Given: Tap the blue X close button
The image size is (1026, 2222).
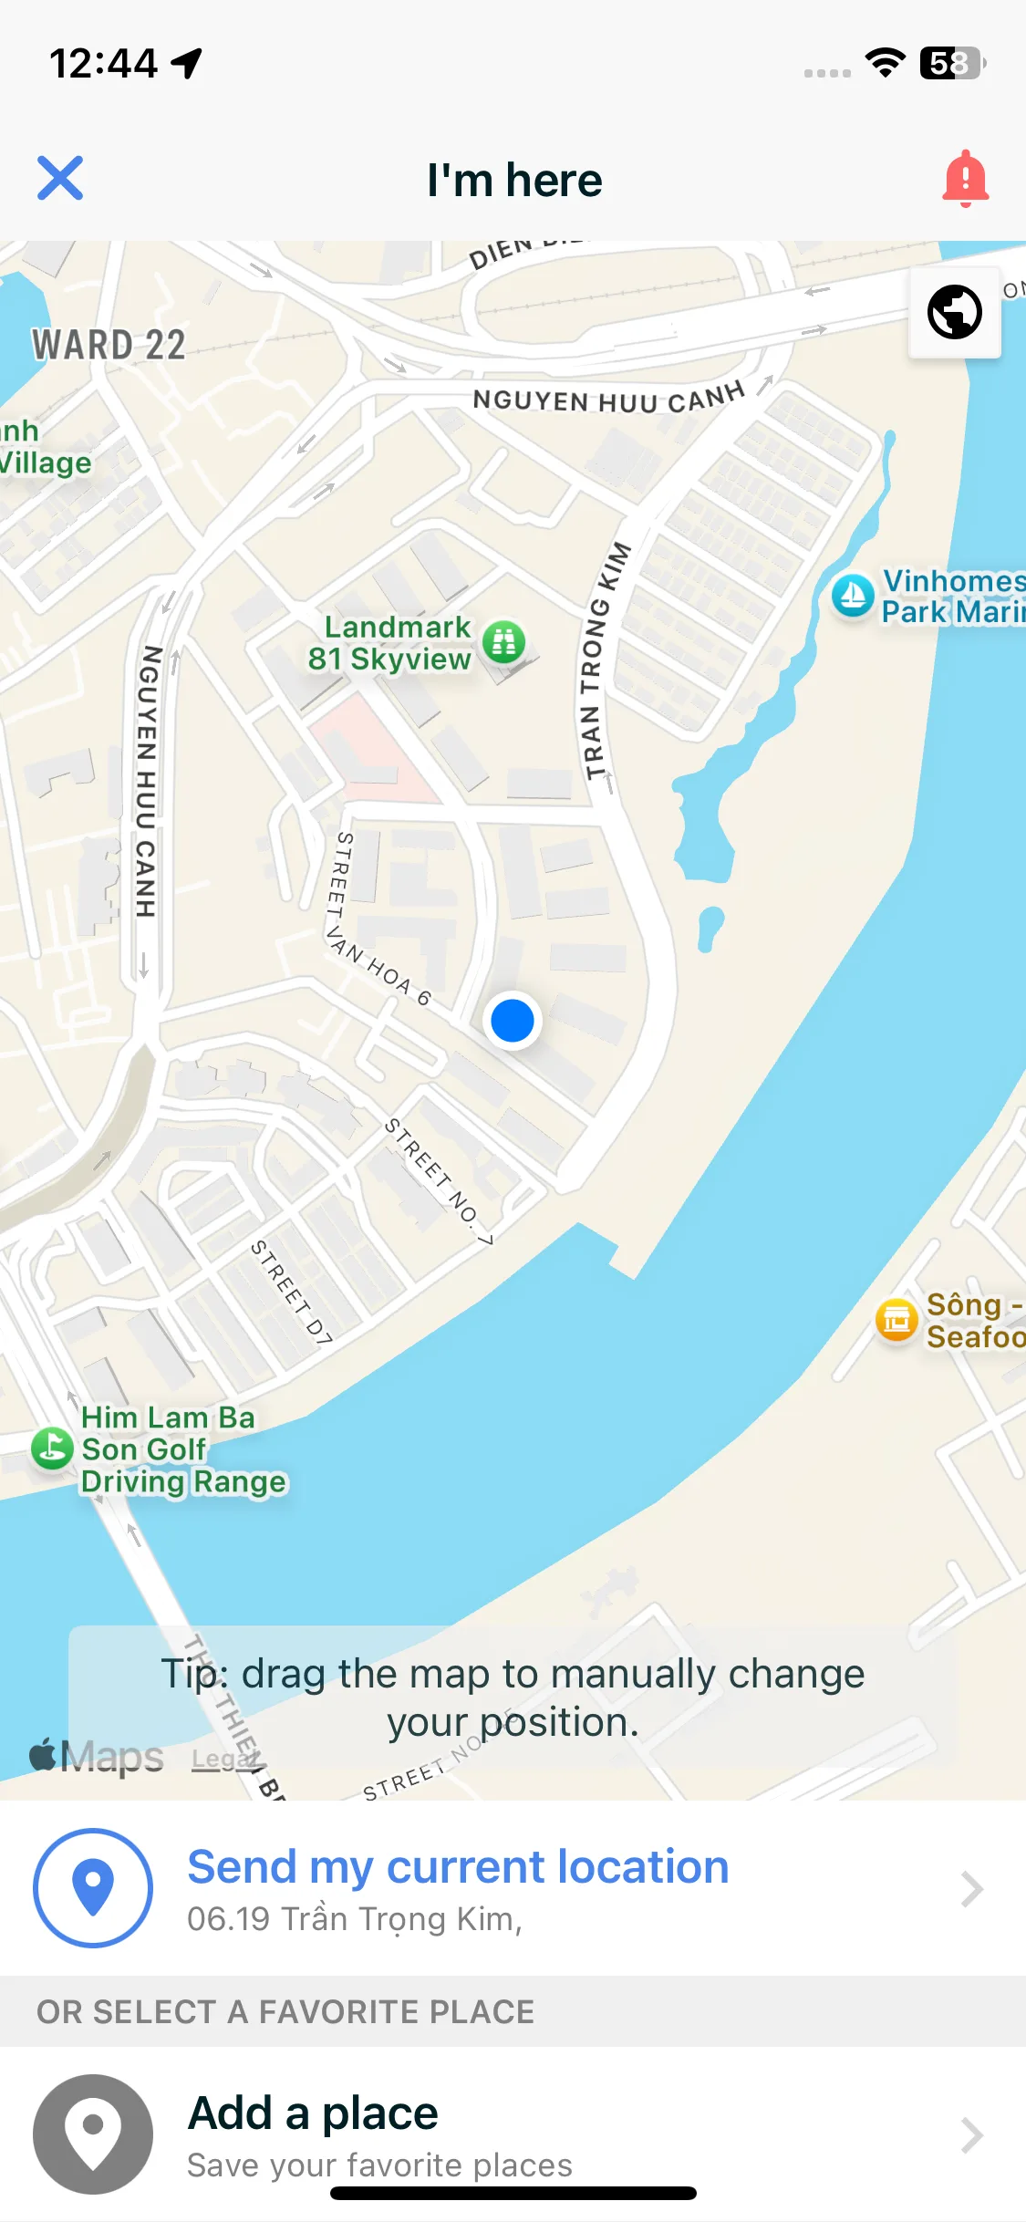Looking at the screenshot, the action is [x=60, y=178].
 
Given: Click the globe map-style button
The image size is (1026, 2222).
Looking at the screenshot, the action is [x=954, y=312].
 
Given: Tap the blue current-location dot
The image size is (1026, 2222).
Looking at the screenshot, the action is [x=513, y=1020].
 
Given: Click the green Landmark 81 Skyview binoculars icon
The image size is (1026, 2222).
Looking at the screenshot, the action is [x=503, y=641].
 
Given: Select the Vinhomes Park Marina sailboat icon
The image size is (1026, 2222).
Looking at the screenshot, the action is [x=853, y=596].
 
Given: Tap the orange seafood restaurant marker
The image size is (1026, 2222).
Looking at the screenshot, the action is [x=896, y=1319].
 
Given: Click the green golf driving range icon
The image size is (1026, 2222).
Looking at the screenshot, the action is [x=52, y=1448].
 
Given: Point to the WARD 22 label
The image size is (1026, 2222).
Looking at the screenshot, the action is [x=109, y=346].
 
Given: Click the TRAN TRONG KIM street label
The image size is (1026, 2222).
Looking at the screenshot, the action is [x=603, y=660].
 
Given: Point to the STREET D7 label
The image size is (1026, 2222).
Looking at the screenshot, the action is [x=292, y=1291].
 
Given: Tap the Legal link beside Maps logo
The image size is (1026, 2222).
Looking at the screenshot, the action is [x=219, y=1759].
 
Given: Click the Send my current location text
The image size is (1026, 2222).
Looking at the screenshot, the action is [x=458, y=1866].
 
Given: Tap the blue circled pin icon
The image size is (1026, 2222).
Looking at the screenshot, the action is [x=93, y=1887].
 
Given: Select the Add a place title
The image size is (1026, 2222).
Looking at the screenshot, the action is [x=313, y=2113].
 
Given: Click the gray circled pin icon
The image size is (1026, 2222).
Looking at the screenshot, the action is [x=93, y=2134].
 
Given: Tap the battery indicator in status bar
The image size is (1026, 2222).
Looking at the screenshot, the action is [x=952, y=64].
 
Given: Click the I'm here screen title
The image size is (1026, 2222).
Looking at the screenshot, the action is [x=514, y=180].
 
